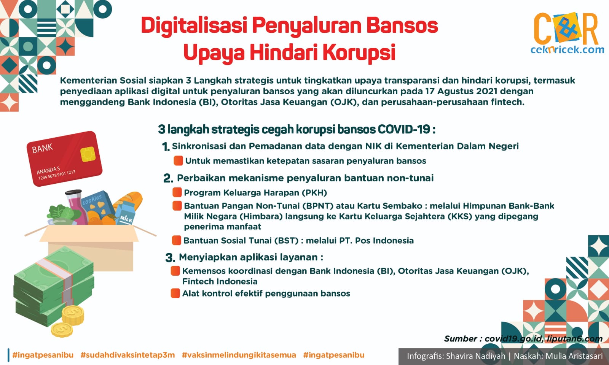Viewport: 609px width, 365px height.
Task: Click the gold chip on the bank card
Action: (x=88, y=154)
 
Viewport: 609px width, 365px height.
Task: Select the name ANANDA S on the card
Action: (x=48, y=170)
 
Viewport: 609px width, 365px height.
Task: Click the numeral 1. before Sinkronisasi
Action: (x=166, y=147)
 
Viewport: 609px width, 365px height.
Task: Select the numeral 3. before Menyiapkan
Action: (x=170, y=257)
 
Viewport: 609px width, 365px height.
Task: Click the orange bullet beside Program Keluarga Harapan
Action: (x=177, y=192)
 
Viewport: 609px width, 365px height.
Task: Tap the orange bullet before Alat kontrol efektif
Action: (x=175, y=293)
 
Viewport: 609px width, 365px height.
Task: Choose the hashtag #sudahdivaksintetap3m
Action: (x=128, y=355)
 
